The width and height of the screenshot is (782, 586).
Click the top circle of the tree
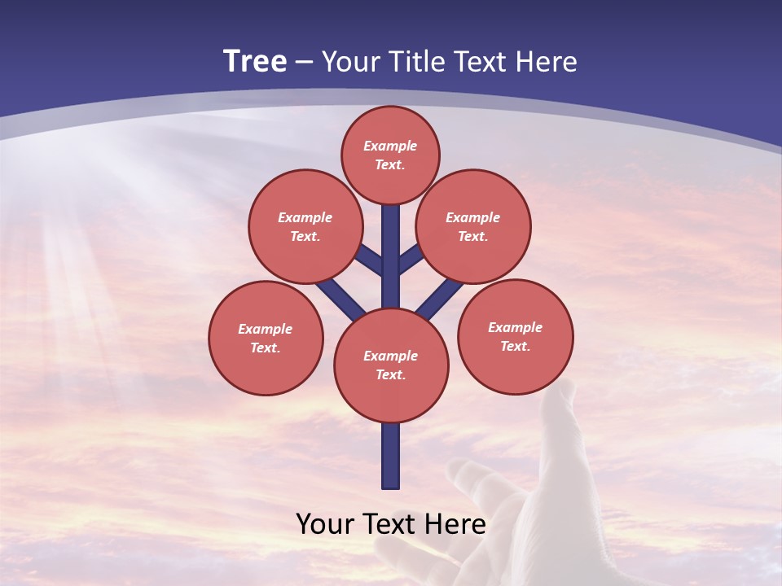[x=390, y=155]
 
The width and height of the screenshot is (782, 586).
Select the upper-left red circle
[x=305, y=226]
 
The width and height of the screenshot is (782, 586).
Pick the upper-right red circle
[x=473, y=226]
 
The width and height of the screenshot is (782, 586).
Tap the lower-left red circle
[x=266, y=338]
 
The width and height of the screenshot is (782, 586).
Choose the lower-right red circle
[x=515, y=336]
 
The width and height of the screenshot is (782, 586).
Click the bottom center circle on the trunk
[x=391, y=365]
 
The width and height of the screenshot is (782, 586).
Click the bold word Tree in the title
[x=255, y=61]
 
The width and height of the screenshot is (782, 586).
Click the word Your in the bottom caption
[x=325, y=524]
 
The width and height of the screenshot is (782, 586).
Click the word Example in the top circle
[x=390, y=146]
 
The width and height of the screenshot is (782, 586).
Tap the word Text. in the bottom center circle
[x=390, y=374]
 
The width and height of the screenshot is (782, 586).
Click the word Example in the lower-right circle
[x=515, y=327]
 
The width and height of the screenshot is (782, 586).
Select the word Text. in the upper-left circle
[x=305, y=236]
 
